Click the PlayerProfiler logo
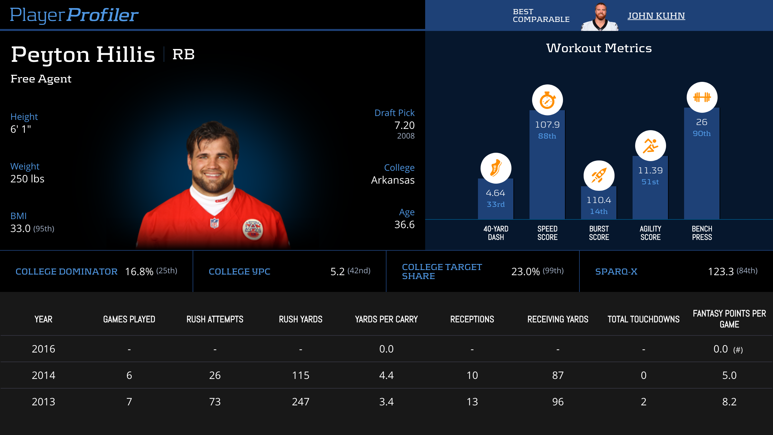coord(74,15)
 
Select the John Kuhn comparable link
coord(656,16)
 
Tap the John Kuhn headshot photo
coord(600,17)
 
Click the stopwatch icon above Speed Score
coord(547,100)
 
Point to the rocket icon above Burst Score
coord(599,176)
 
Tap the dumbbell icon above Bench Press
coord(702,97)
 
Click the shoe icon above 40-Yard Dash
coord(496,168)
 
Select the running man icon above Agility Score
coord(650,146)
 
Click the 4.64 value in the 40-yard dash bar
coord(495,193)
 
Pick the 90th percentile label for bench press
coord(701,133)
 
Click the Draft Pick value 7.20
coord(404,125)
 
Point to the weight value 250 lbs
coord(27,179)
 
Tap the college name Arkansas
coord(393,180)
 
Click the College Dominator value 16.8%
coord(139,272)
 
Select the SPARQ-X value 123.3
coord(721,272)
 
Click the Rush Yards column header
coord(301,319)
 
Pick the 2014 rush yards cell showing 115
coord(301,375)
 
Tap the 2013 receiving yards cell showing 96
coord(558,402)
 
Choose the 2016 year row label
coord(43,349)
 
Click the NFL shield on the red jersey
coord(215,223)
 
